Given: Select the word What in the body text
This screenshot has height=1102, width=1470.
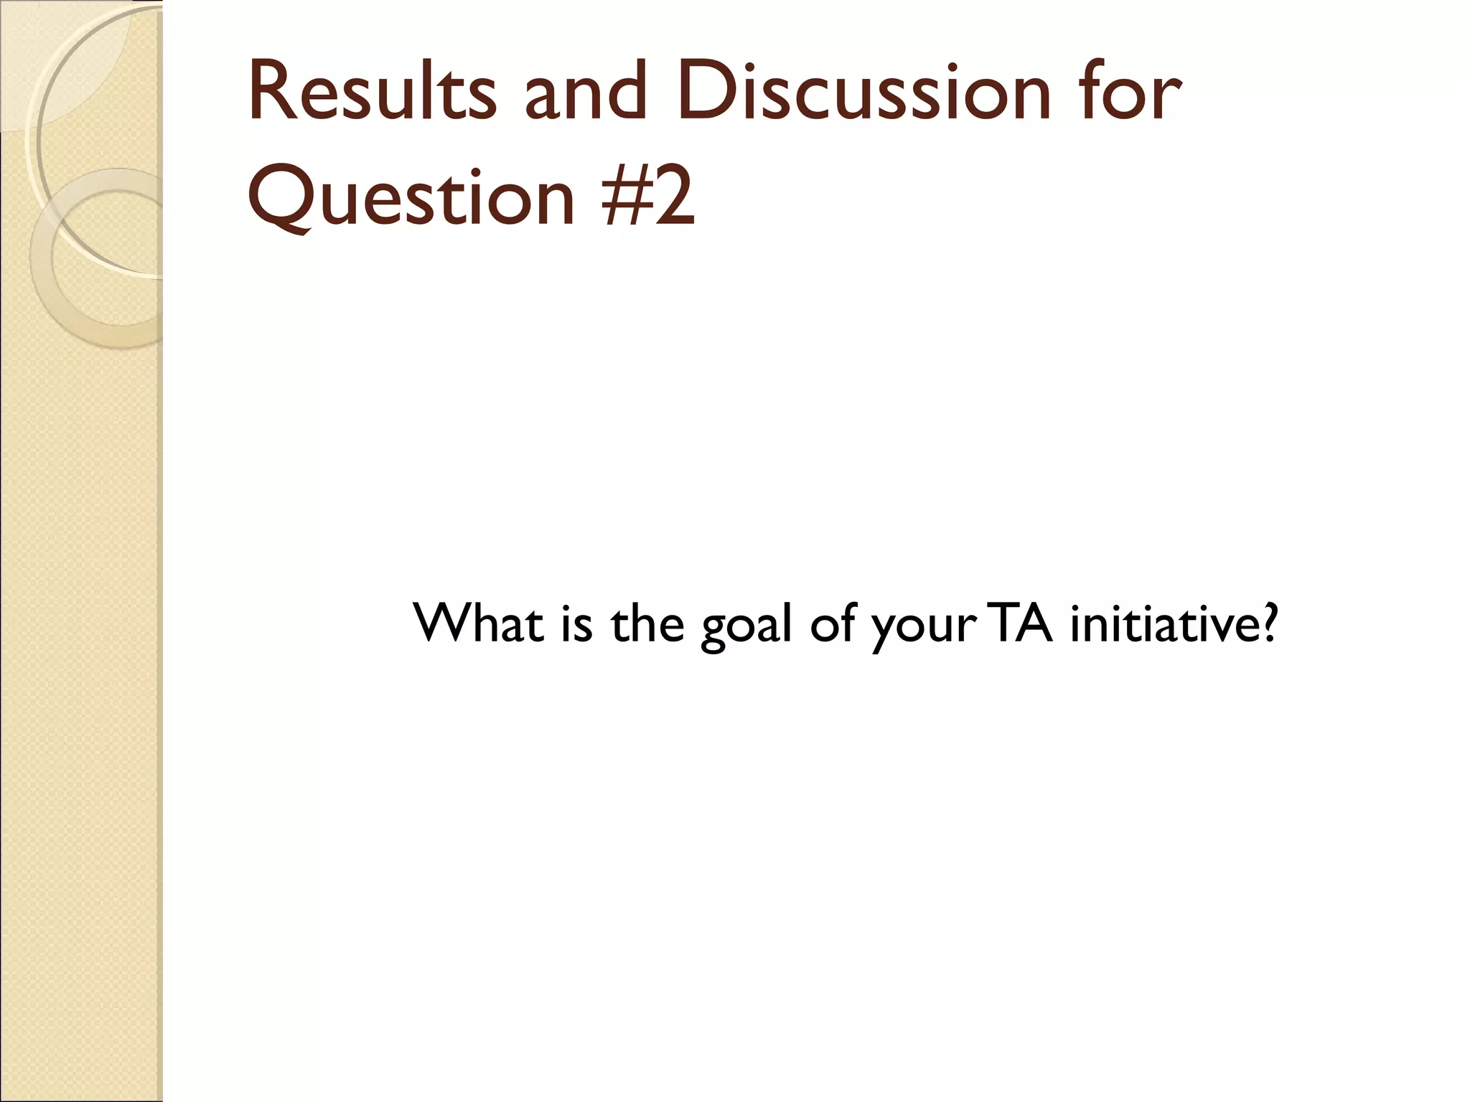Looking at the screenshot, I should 478,623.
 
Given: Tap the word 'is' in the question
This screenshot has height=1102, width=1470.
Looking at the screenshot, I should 577,623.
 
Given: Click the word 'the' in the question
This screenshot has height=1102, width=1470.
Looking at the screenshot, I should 647,623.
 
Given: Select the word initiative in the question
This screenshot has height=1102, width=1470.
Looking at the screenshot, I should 1162,623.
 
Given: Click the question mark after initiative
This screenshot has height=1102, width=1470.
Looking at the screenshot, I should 1269,623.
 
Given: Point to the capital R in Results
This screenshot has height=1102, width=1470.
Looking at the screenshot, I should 268,93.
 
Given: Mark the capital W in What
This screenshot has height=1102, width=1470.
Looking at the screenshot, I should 443,623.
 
